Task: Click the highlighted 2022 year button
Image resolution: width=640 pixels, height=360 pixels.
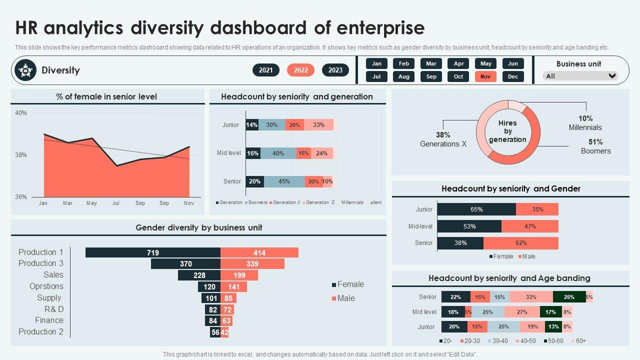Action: (x=300, y=70)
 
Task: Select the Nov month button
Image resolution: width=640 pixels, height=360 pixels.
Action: (x=485, y=76)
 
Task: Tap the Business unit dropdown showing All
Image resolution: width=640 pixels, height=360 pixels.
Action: (x=580, y=76)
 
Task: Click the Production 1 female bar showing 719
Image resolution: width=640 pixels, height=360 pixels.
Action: (x=153, y=252)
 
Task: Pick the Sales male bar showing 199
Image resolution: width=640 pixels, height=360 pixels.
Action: (x=239, y=275)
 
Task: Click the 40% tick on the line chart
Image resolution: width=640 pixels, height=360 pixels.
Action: (x=21, y=113)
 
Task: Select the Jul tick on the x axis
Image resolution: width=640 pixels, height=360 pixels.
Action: (x=116, y=203)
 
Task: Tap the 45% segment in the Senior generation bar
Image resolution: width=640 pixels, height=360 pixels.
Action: (x=284, y=181)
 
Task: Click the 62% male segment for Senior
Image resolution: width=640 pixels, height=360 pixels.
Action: (x=521, y=243)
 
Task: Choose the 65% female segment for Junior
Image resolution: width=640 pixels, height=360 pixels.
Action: (x=476, y=209)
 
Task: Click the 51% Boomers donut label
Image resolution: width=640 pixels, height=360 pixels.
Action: (x=595, y=146)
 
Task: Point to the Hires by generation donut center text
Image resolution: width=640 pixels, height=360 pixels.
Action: (x=507, y=131)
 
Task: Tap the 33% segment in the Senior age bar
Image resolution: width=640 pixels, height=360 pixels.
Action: (x=531, y=297)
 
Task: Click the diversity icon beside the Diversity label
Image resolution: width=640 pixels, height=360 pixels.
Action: (x=25, y=70)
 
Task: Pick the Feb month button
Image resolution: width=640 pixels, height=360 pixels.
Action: (x=404, y=63)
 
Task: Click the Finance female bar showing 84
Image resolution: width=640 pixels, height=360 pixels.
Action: (x=213, y=320)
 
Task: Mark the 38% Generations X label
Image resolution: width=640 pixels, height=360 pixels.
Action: (x=443, y=139)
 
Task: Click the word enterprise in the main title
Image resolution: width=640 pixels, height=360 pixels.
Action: (x=380, y=27)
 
